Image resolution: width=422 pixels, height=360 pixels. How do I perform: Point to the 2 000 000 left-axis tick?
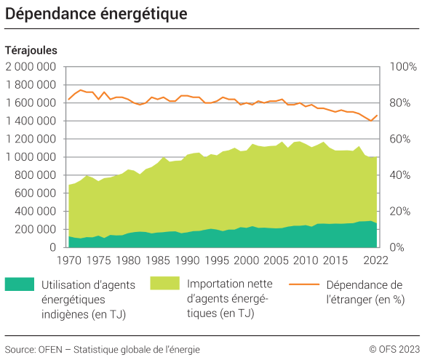[31, 67]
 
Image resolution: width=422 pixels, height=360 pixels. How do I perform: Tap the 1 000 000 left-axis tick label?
[31, 157]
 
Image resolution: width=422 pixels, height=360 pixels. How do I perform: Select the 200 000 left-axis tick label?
[35, 229]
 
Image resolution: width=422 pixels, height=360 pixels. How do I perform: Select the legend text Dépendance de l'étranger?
[365, 292]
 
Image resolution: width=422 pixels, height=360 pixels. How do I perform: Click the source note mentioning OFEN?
[102, 348]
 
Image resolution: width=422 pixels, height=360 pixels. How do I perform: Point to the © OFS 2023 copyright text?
[394, 348]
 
